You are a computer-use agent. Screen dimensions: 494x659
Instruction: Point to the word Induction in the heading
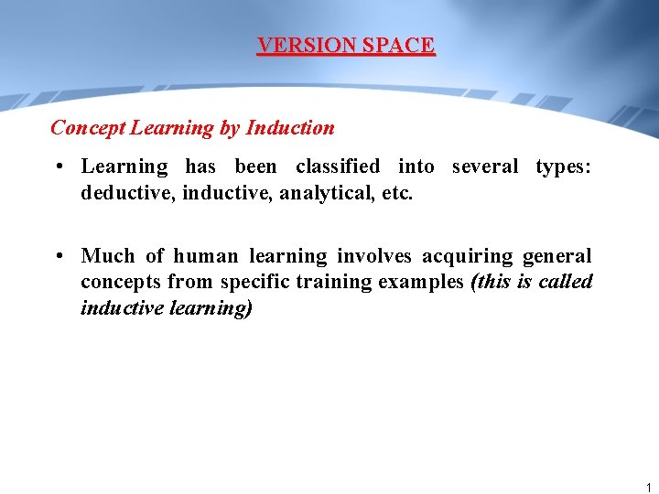coord(290,128)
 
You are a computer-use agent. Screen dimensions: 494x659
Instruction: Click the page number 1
coord(648,489)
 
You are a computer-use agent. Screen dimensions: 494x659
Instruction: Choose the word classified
coord(337,166)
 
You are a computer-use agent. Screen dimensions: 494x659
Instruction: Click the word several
coord(484,166)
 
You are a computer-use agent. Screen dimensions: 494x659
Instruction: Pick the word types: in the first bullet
coord(564,166)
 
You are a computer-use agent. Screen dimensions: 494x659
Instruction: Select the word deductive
coord(122,193)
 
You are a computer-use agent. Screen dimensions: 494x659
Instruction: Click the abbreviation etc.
coord(397,193)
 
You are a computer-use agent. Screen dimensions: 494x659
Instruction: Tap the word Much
coord(107,256)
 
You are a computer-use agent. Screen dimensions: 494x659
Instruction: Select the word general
coord(556,256)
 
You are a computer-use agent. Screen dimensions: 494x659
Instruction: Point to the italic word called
coord(565,282)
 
